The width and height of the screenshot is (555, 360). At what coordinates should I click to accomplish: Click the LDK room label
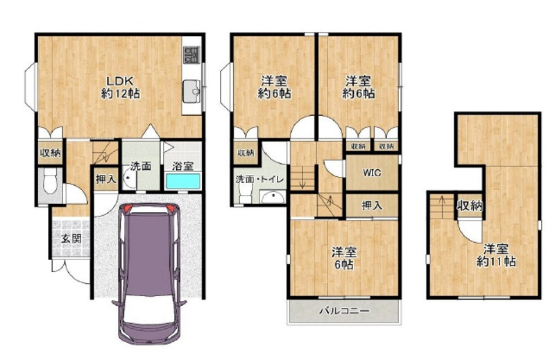(120, 80)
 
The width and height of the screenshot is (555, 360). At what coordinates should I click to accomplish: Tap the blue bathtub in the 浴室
(183, 181)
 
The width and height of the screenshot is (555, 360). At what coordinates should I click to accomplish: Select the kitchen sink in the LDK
(191, 91)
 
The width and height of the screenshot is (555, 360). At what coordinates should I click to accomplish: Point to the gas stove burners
(191, 55)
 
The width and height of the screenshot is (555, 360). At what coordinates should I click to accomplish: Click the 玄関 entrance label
(71, 238)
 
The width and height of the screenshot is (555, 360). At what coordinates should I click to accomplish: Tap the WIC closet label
(372, 173)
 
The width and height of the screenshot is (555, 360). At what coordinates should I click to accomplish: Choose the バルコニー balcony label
(345, 311)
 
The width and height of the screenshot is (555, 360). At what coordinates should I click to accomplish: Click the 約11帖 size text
(496, 262)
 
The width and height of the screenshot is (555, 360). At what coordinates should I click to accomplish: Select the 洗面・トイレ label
(260, 179)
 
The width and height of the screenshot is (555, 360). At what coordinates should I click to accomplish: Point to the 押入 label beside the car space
(106, 179)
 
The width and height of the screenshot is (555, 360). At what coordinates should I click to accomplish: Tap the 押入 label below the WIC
(372, 205)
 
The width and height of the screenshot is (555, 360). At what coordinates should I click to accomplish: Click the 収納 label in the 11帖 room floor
(470, 205)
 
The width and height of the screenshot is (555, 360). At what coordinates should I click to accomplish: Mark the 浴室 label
(182, 166)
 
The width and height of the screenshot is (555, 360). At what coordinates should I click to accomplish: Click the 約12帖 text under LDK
(120, 94)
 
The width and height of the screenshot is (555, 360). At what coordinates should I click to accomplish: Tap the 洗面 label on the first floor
(141, 166)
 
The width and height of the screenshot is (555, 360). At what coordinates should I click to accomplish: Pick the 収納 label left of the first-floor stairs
(50, 153)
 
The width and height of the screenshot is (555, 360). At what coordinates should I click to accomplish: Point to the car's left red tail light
(128, 209)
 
